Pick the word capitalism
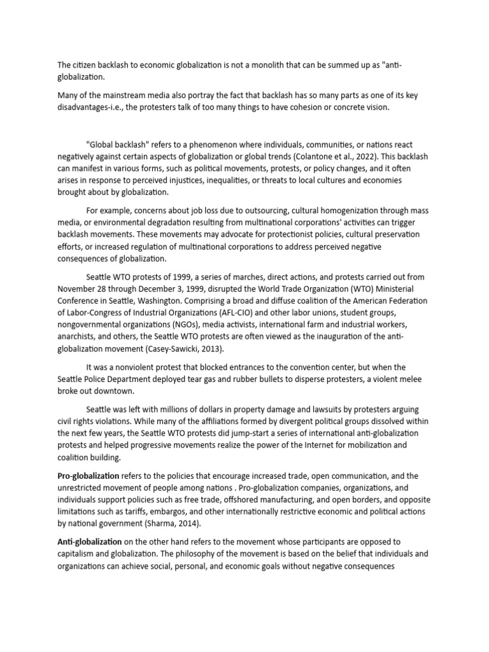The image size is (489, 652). coord(76,554)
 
